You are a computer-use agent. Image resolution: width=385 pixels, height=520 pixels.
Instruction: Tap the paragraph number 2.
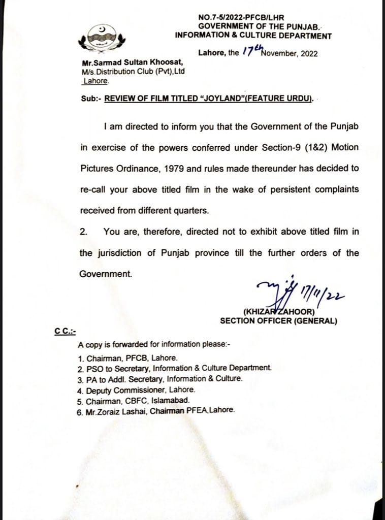click(x=84, y=232)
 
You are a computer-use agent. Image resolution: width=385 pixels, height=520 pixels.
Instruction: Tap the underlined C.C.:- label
click(x=65, y=331)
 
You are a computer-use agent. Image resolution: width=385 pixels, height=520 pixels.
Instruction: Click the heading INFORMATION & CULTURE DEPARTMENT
click(x=253, y=36)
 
